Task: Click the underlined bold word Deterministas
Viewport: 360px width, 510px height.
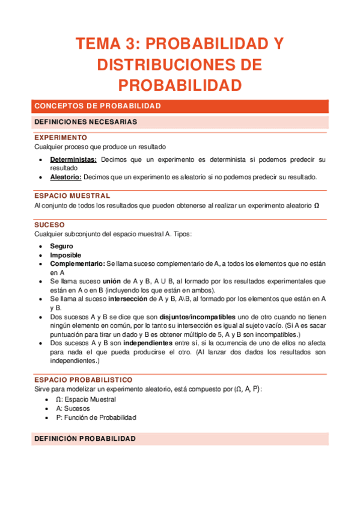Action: coord(74,160)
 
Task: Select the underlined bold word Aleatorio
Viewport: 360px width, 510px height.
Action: coord(66,177)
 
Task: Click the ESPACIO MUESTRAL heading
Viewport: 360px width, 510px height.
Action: coord(72,196)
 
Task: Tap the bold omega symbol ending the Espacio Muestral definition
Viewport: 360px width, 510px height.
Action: coord(317,206)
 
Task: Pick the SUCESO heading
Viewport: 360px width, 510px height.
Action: coord(49,224)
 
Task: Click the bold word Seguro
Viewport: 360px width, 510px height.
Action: coord(61,246)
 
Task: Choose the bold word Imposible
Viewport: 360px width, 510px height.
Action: coord(65,255)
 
